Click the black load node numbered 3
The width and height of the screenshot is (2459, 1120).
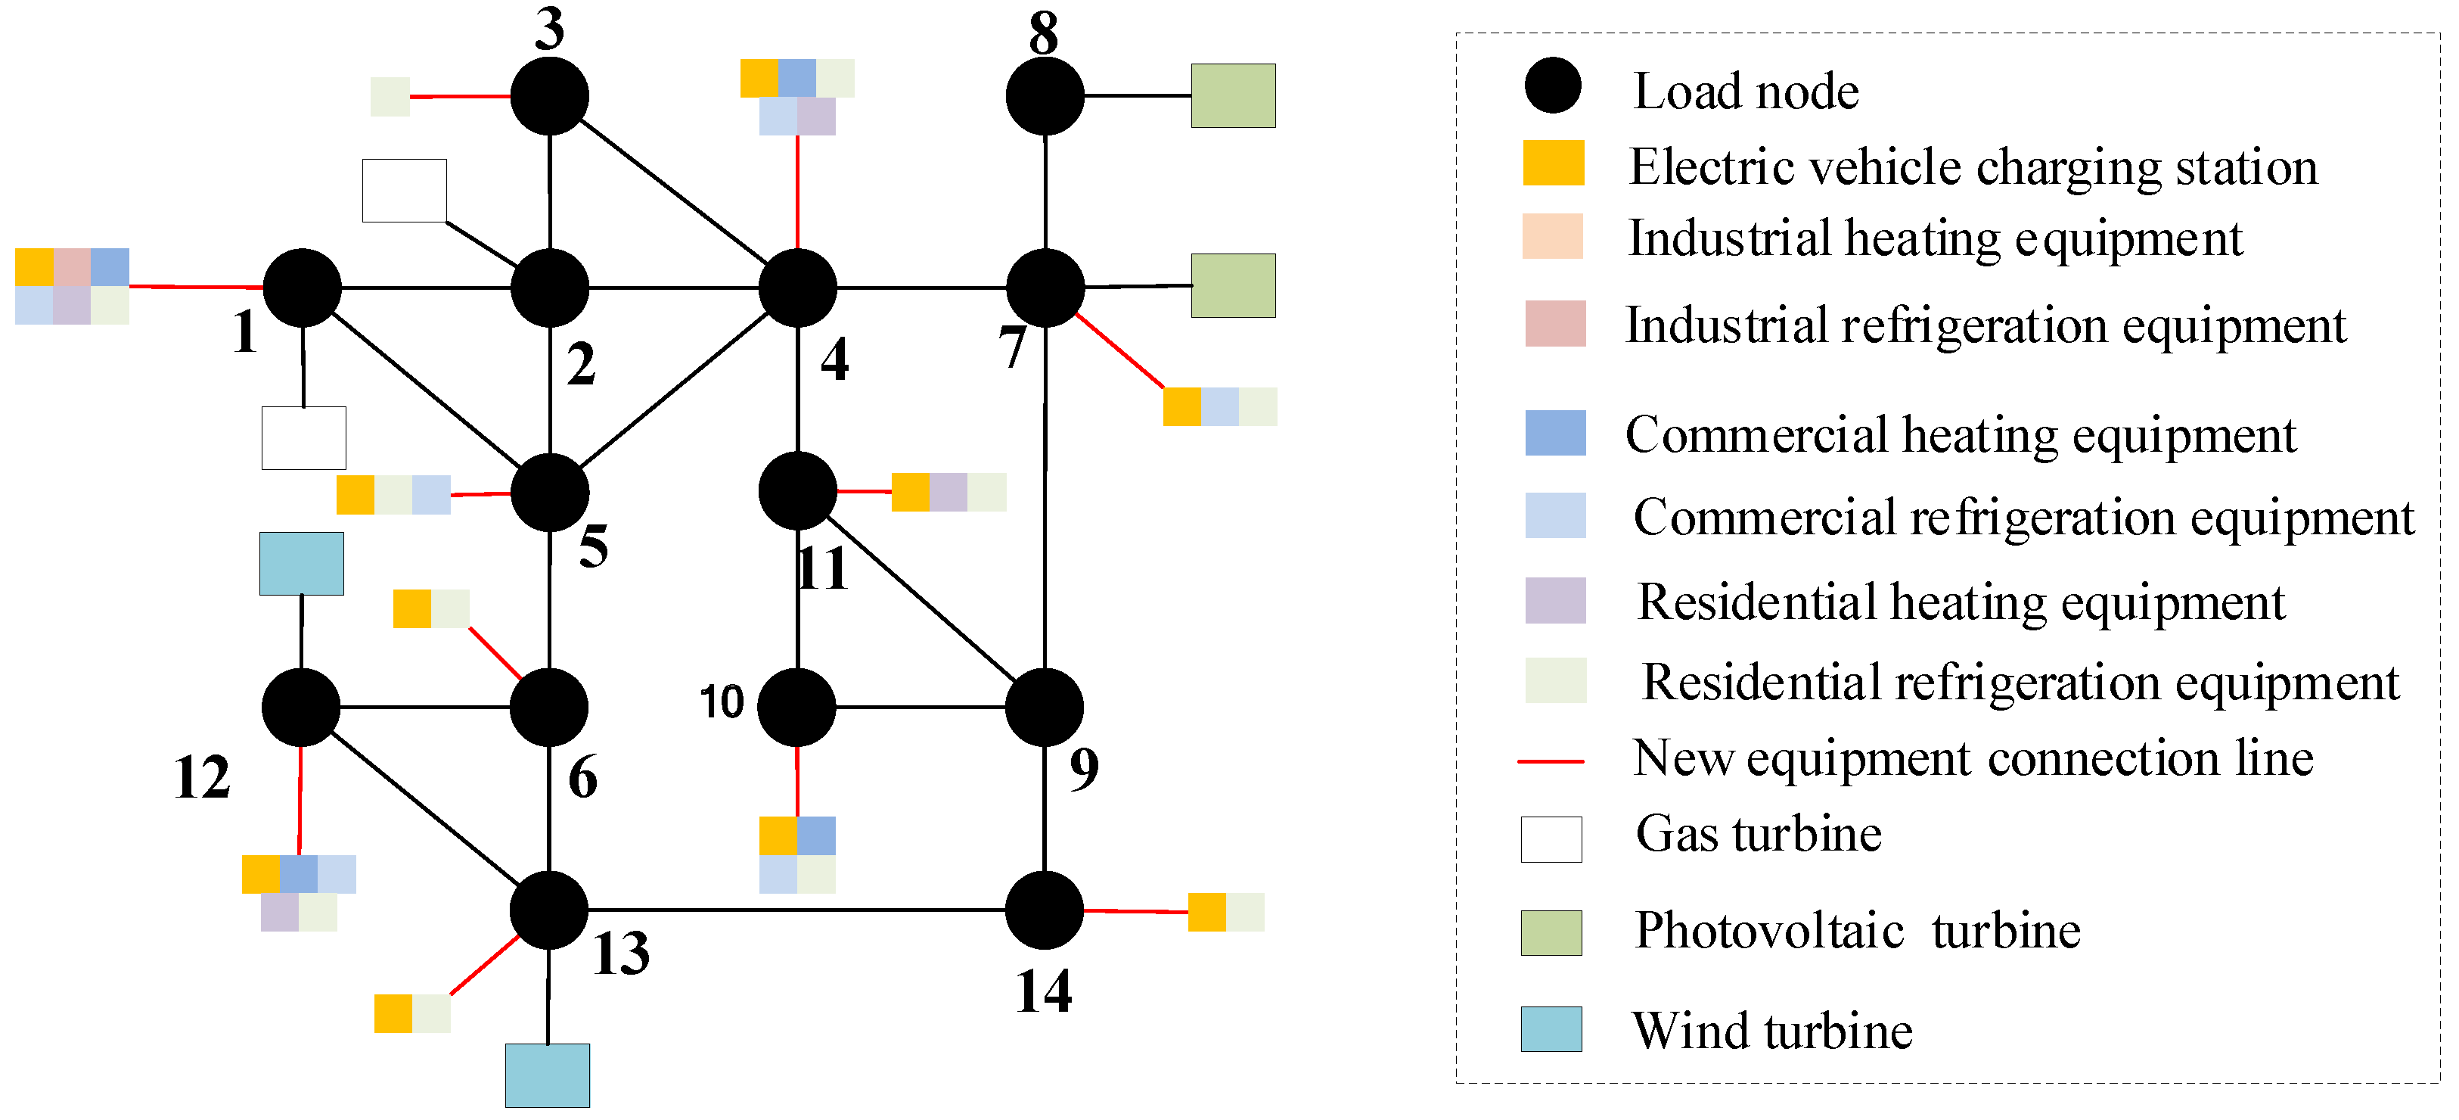(x=549, y=96)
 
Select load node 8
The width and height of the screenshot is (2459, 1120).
(x=1045, y=96)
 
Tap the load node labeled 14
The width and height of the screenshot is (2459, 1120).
(x=1045, y=910)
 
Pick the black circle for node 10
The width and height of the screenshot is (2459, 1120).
(x=797, y=707)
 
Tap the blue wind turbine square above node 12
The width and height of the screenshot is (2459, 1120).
(x=302, y=563)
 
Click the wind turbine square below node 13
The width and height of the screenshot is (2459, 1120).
(x=547, y=1075)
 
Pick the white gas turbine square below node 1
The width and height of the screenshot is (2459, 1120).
(x=303, y=437)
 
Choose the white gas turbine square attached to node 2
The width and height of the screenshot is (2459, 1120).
(x=404, y=190)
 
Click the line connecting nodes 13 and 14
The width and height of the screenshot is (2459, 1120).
(x=797, y=910)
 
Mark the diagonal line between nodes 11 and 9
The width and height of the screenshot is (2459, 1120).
(x=921, y=599)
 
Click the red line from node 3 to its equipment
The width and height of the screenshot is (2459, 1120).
(x=460, y=96)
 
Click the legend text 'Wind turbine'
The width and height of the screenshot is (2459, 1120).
(x=1771, y=1031)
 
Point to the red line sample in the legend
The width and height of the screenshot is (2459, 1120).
(x=1551, y=761)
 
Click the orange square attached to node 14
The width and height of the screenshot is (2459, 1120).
(x=1206, y=912)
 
